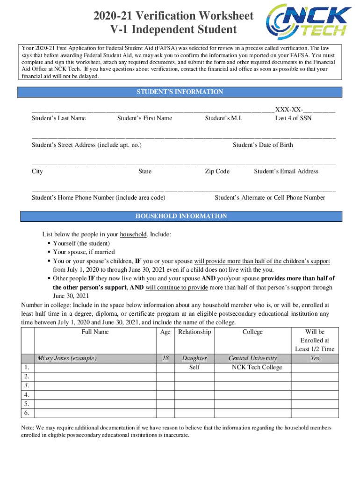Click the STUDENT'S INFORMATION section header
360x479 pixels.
(x=180, y=92)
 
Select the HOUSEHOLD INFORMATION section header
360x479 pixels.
(x=181, y=216)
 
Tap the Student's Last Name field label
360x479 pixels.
(x=58, y=118)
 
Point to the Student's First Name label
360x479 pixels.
(x=144, y=118)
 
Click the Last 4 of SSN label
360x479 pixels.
(x=293, y=118)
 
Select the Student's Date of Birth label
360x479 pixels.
(x=263, y=145)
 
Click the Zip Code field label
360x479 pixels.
(x=217, y=171)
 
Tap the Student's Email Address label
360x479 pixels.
(x=286, y=171)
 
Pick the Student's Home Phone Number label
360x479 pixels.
(x=98, y=198)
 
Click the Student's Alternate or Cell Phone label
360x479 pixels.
(x=270, y=198)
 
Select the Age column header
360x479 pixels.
(x=165, y=332)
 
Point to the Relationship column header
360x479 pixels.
(x=194, y=332)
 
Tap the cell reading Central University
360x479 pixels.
(x=252, y=358)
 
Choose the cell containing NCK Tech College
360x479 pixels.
(x=257, y=367)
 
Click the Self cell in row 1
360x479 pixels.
(x=194, y=367)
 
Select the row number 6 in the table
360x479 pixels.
(x=28, y=413)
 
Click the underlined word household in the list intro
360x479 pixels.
(x=133, y=234)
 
